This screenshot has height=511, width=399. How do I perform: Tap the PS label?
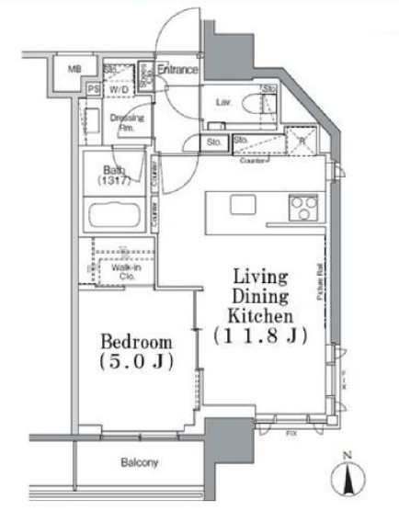[93, 89]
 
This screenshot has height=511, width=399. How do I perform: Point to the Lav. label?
[223, 102]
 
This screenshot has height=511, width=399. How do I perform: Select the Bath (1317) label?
[113, 175]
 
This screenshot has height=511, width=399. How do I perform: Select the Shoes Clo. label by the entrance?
[144, 72]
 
